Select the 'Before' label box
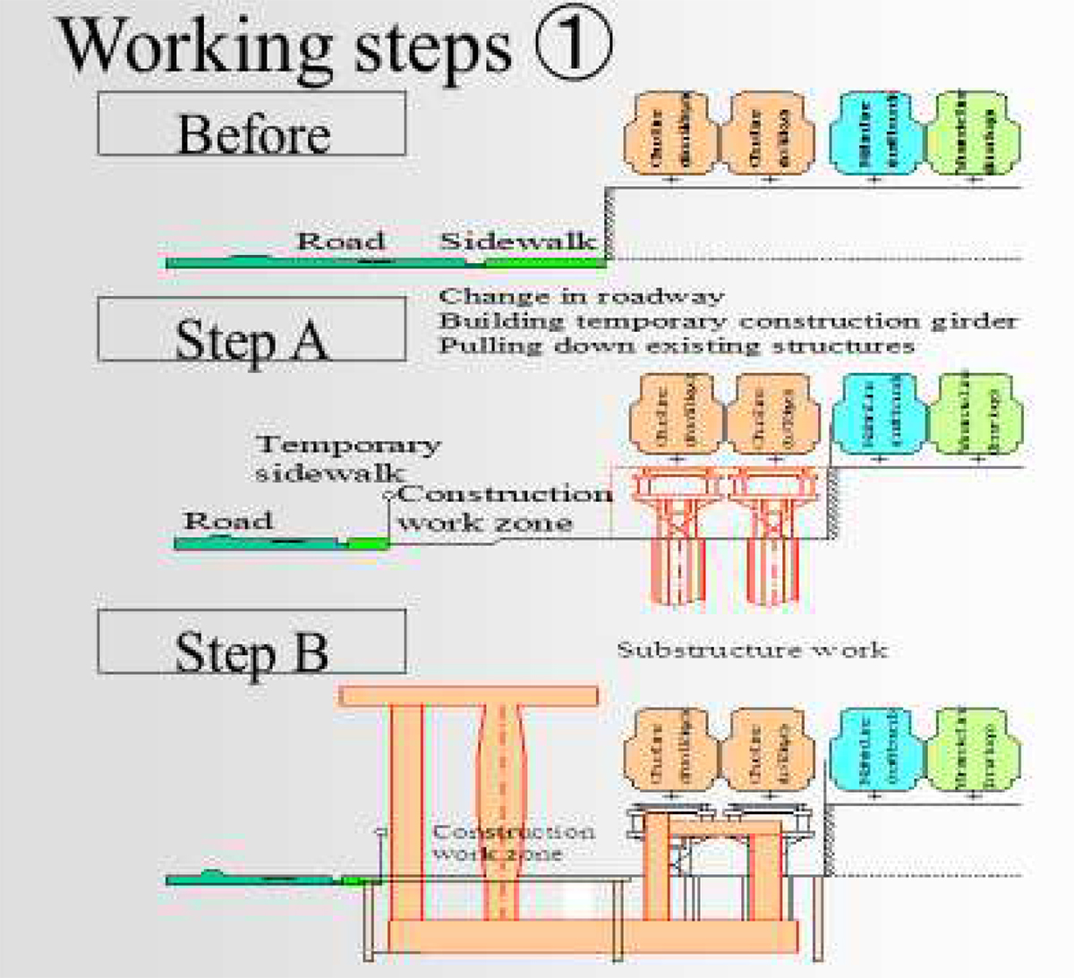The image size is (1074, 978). [251, 124]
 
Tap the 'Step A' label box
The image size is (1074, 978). [251, 330]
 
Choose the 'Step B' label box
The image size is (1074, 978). [251, 642]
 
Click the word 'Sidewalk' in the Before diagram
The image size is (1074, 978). [518, 241]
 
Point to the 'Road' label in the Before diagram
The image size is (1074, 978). [341, 241]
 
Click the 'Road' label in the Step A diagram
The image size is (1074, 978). [227, 521]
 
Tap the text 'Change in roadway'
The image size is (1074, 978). [581, 296]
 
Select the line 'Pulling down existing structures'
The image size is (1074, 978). [676, 345]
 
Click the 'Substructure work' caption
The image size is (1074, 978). [752, 649]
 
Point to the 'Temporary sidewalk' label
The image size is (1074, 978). [347, 457]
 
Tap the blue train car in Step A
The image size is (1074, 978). [877, 413]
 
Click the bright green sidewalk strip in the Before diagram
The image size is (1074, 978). [543, 262]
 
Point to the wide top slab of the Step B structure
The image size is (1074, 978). [468, 695]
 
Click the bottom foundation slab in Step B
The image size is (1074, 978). [592, 936]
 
